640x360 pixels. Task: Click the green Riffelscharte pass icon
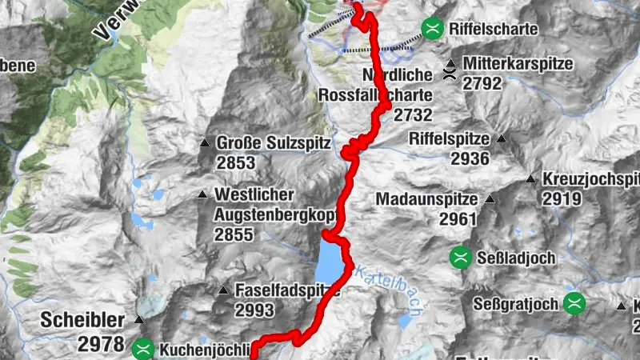point(433,29)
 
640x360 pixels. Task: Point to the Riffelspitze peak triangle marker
point(502,138)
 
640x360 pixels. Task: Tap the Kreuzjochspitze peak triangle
point(531,179)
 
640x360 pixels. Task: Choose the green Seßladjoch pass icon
point(460,257)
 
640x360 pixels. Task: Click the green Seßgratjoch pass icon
point(574,302)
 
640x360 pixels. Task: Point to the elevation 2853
point(234,163)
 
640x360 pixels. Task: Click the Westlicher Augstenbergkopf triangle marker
point(203,194)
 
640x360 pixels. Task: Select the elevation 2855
point(233,234)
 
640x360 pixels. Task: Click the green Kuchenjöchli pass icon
point(143,348)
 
